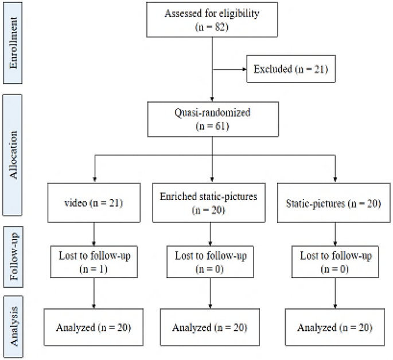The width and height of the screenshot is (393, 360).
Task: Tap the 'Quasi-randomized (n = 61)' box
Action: [x=213, y=119]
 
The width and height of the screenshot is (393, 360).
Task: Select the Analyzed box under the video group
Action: [x=94, y=328]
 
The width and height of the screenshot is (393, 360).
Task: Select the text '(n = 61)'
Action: [x=213, y=126]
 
